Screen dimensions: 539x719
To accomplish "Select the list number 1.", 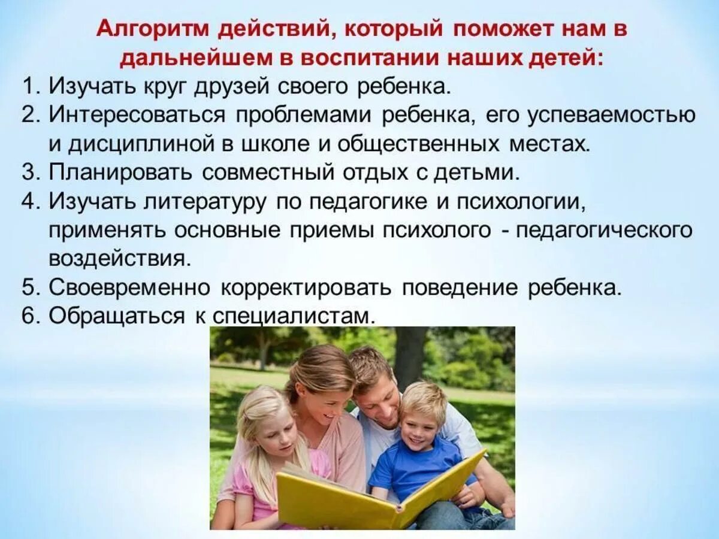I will [30, 87].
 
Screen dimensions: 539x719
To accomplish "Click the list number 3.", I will [30, 173].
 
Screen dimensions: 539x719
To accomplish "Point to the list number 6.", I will [30, 316].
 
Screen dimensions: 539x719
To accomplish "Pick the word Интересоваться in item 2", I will [137, 116].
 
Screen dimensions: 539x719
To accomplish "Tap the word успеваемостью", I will [611, 116].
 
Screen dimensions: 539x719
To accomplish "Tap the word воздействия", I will [120, 259].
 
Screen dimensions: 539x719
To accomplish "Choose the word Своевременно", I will [129, 287].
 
